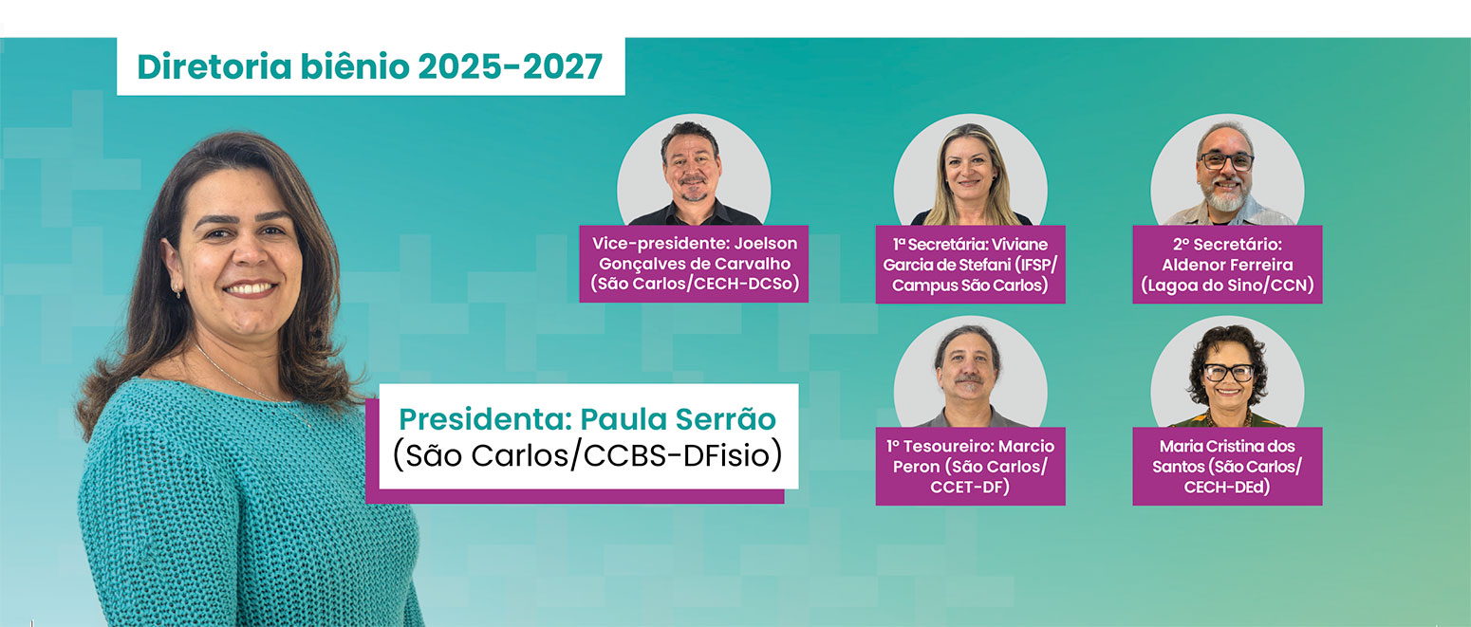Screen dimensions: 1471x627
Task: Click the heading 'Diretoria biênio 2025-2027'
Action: click(x=370, y=67)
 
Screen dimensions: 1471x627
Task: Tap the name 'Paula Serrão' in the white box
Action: click(x=679, y=419)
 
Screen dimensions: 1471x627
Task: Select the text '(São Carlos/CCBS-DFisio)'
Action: click(x=587, y=455)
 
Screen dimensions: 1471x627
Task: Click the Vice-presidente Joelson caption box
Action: click(x=694, y=264)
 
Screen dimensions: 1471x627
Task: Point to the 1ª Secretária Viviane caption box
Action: click(x=970, y=265)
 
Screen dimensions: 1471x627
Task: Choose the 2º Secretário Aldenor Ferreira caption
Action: click(x=1227, y=265)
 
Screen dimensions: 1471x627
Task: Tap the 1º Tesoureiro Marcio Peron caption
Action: click(x=970, y=466)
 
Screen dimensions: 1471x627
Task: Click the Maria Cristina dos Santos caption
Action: click(x=1227, y=466)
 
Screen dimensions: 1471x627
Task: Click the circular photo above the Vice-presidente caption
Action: click(x=694, y=171)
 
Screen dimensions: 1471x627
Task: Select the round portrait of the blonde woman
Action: click(x=970, y=171)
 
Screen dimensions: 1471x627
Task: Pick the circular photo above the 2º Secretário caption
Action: click(x=1227, y=171)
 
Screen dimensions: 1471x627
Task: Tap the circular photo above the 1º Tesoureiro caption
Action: click(x=970, y=372)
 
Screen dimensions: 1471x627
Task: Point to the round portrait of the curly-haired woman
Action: click(x=1227, y=372)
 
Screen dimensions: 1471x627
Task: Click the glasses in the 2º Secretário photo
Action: click(x=1227, y=161)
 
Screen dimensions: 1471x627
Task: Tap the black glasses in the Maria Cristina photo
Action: click(x=1229, y=372)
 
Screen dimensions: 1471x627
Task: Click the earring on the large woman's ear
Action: click(x=177, y=289)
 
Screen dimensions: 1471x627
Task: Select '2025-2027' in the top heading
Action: click(x=510, y=67)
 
